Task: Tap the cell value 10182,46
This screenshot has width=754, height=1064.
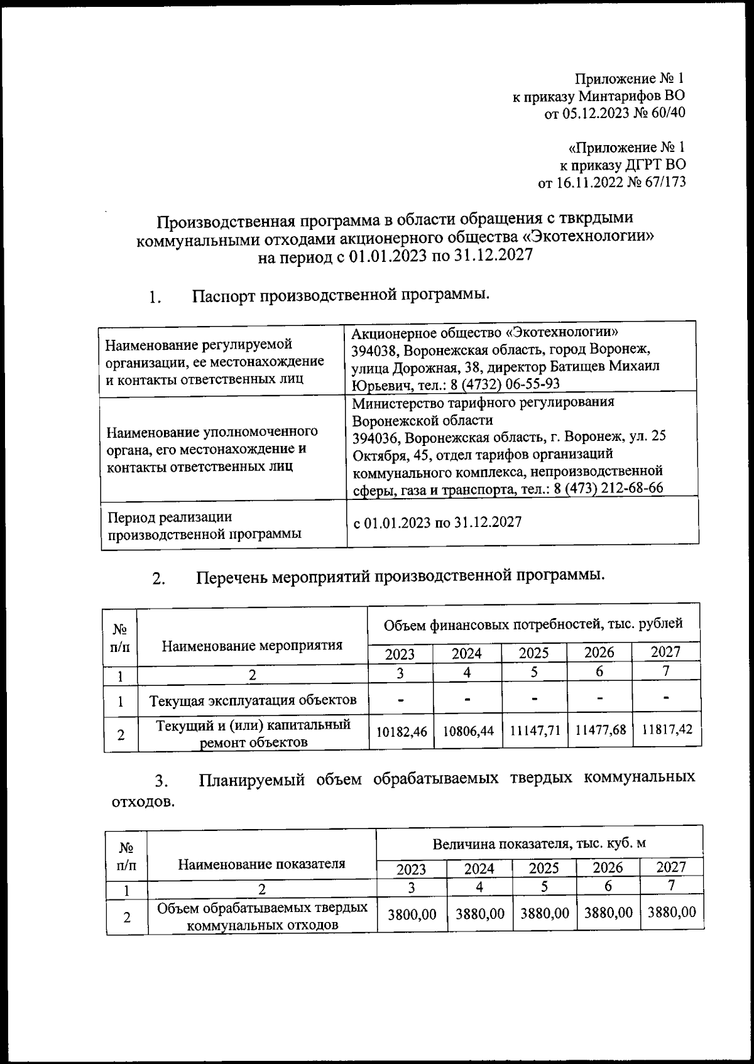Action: point(402,731)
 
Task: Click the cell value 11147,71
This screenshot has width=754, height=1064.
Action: point(535,730)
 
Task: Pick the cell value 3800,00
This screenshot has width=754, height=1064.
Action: point(412,914)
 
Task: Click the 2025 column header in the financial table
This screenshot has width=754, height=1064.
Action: point(533,653)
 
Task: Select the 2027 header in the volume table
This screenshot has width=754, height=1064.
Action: point(670,867)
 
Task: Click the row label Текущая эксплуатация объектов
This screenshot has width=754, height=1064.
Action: point(253,700)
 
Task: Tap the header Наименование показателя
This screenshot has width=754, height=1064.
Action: point(261,864)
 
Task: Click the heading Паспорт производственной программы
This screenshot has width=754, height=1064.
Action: point(340,295)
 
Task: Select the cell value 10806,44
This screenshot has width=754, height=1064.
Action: point(468,731)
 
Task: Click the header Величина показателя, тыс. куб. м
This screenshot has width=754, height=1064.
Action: point(538,843)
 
